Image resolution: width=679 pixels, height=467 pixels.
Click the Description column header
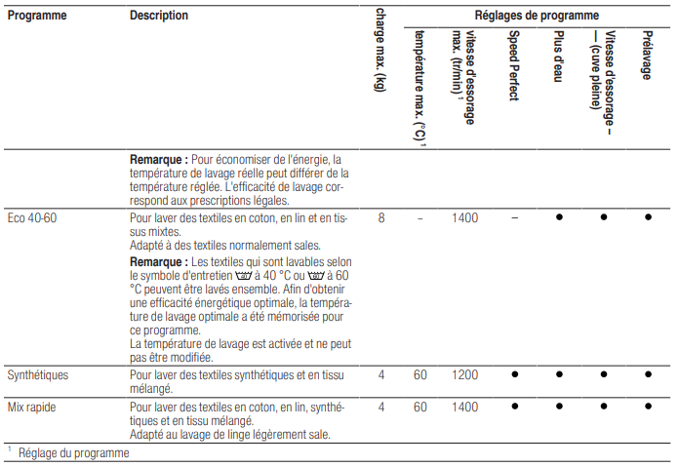159,16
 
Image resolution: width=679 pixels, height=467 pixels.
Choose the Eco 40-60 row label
32,218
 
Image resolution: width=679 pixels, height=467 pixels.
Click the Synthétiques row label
38,374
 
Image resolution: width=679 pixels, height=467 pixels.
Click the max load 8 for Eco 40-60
381,218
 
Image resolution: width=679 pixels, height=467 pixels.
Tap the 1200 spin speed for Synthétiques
465,374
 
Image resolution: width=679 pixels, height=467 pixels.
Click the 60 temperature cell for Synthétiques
419,374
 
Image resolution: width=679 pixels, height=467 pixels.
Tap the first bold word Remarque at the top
158,159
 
